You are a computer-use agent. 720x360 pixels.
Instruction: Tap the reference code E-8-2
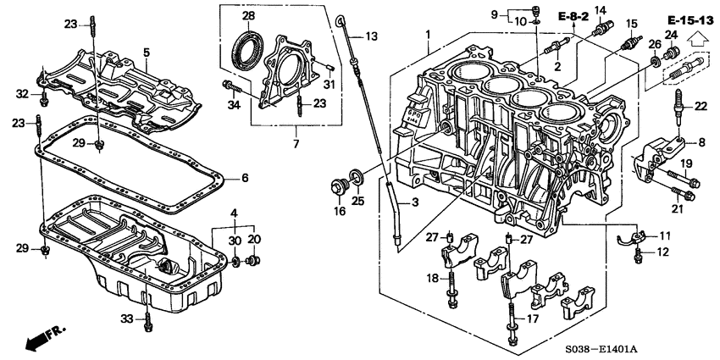tap(573, 16)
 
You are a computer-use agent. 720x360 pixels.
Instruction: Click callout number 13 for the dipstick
tap(372, 36)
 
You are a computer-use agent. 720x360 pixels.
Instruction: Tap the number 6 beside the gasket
tap(244, 178)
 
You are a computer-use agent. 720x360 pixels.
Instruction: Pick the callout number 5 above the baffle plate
tap(146, 53)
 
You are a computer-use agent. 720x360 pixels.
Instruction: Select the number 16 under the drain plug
tap(339, 212)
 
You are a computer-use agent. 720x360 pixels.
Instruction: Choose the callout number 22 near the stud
tap(700, 106)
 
